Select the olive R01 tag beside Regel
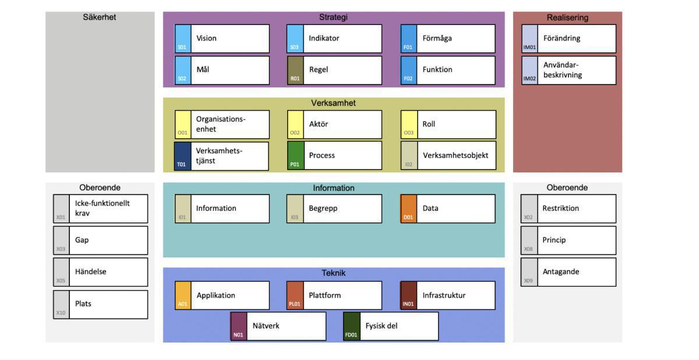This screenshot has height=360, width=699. click(295, 70)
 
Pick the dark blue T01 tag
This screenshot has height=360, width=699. click(183, 156)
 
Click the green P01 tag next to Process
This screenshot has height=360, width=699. click(295, 156)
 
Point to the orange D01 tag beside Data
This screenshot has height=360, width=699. click(408, 209)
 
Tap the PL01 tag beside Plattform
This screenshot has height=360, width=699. click(295, 295)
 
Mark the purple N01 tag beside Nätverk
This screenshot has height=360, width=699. click(238, 326)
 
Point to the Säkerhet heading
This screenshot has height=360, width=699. click(100, 17)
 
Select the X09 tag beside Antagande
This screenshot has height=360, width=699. click(528, 272)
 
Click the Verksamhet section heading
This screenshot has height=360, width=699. click(333, 103)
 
